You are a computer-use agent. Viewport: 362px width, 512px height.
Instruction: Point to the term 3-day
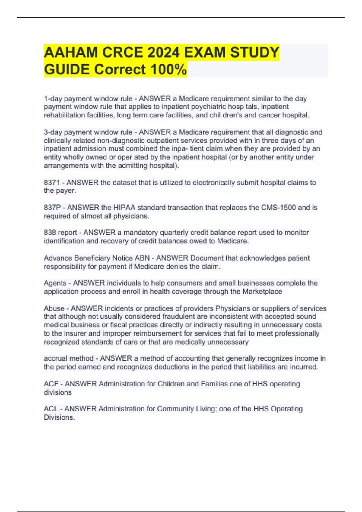click(53, 132)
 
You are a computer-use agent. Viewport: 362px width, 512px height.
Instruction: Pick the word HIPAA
click(124, 208)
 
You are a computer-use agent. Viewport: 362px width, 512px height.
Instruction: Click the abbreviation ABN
click(142, 258)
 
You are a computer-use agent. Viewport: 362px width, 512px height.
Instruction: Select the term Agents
click(55, 283)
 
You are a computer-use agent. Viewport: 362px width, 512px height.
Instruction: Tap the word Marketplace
click(262, 292)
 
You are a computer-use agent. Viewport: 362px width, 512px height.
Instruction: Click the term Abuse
click(54, 308)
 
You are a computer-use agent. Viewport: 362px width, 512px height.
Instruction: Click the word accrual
click(55, 358)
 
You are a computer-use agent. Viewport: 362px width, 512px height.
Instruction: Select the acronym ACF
click(51, 384)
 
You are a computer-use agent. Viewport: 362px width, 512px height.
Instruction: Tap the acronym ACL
click(51, 409)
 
